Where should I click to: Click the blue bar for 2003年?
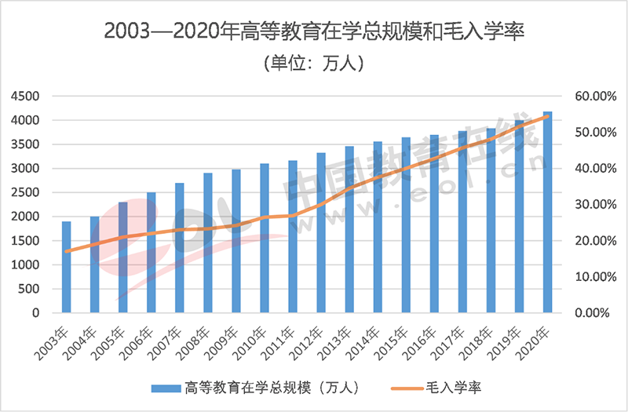(x=67, y=267)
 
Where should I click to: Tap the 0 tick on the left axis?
(x=35, y=313)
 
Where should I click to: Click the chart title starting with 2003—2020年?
(x=314, y=33)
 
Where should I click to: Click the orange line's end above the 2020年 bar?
(x=547, y=116)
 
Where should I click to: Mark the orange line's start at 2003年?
(x=67, y=252)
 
